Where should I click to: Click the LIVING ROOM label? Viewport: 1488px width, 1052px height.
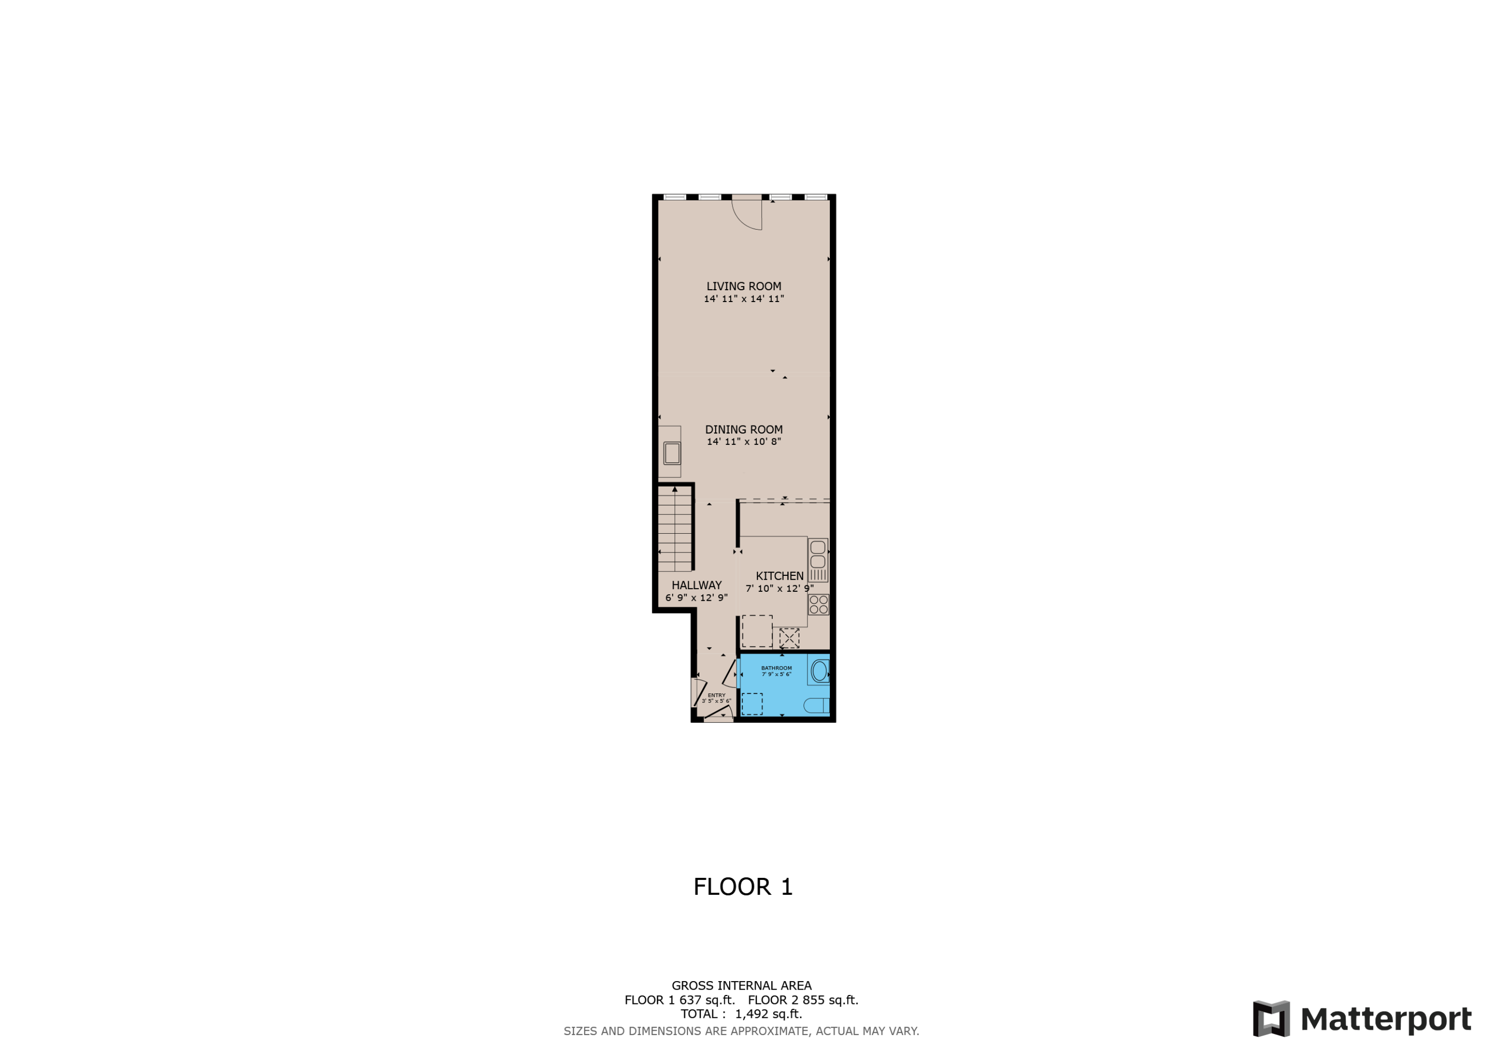point(744,286)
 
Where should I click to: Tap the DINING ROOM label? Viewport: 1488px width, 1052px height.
point(744,429)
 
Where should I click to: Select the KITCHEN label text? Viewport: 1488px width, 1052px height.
point(779,575)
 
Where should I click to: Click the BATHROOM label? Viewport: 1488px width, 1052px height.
point(776,668)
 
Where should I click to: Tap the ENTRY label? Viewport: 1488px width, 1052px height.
point(716,695)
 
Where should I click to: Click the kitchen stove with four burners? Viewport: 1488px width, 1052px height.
point(818,605)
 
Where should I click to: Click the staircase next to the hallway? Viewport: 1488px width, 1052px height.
point(675,529)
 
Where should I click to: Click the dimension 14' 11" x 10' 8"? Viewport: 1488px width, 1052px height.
point(744,441)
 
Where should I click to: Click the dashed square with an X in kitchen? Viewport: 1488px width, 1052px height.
point(789,638)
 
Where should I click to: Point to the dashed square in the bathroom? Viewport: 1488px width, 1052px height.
point(752,704)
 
